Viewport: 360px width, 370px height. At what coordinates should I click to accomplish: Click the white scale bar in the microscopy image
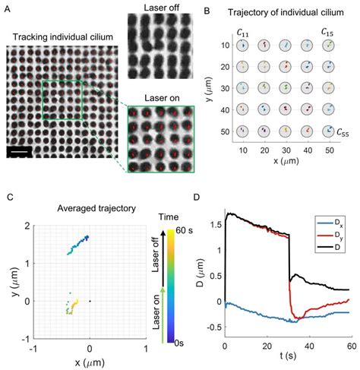coord(22,153)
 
